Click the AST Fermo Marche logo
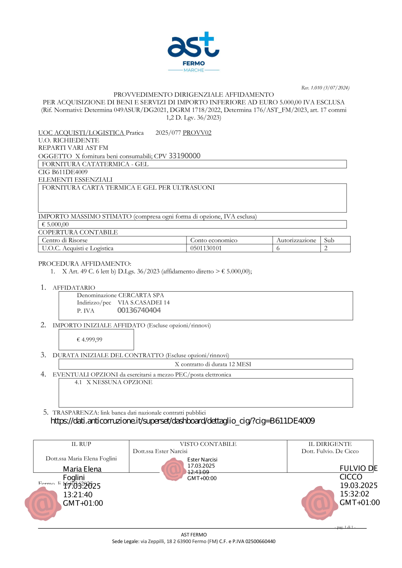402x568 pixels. (193, 51)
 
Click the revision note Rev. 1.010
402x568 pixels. (325, 88)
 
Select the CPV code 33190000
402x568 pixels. (185, 156)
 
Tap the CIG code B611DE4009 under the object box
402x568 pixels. (70, 172)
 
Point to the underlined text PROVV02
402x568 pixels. (197, 133)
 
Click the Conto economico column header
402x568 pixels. (214, 240)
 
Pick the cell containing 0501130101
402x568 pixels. (206, 248)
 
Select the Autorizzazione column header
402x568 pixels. (296, 240)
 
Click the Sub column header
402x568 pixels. (329, 240)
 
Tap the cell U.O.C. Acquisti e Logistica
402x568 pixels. (78, 248)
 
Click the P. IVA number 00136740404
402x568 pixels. (139, 310)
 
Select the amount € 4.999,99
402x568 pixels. (90, 339)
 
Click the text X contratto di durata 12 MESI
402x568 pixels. (213, 364)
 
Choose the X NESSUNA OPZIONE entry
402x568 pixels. (119, 382)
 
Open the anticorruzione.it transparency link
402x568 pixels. (183, 421)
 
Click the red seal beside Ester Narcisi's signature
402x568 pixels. (173, 469)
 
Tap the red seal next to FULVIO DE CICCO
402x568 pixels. (319, 503)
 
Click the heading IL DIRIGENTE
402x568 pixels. (330, 444)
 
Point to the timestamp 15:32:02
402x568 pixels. (355, 494)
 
